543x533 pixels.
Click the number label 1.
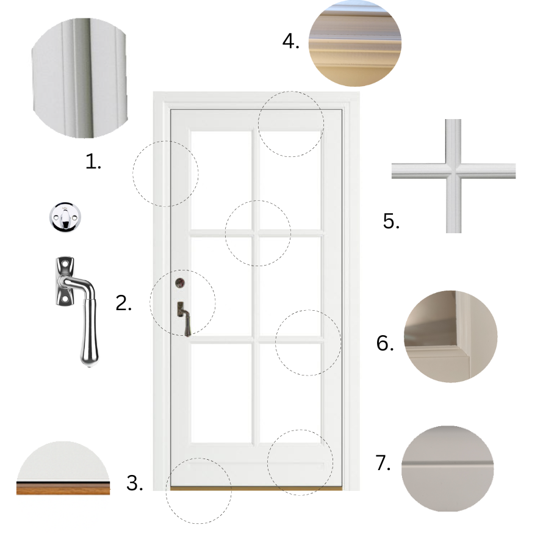(x=93, y=162)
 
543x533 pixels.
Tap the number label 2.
(x=124, y=303)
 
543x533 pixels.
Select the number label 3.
(x=135, y=483)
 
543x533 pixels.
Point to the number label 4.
(x=290, y=42)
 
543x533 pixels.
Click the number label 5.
(x=391, y=221)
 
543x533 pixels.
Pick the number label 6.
(x=385, y=343)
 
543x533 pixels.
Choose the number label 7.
(x=383, y=463)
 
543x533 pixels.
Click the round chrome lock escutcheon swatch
(x=65, y=217)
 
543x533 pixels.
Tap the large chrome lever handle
(x=77, y=311)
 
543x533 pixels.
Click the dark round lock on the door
(x=180, y=283)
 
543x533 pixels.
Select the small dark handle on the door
(x=184, y=319)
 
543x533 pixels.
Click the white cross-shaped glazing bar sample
(x=453, y=176)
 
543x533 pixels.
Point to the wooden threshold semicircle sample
(x=63, y=468)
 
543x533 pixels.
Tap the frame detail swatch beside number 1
(x=79, y=78)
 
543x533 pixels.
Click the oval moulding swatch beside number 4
(x=355, y=43)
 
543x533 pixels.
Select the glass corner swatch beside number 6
(x=450, y=336)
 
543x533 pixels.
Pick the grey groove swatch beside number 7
(x=447, y=468)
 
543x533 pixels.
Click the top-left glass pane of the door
(x=221, y=179)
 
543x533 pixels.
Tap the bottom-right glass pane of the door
(x=290, y=393)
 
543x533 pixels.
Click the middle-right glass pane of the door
(x=290, y=286)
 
